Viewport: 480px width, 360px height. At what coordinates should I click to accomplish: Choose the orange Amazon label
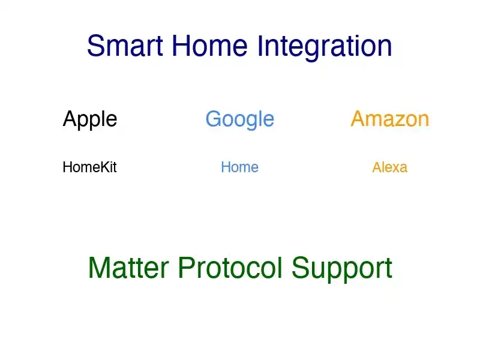(390, 119)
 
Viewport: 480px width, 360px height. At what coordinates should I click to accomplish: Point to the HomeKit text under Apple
(89, 167)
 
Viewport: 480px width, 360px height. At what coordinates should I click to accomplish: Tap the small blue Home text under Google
(239, 167)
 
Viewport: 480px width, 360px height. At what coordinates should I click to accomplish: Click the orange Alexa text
(389, 167)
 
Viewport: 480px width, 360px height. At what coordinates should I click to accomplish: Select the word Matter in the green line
(129, 268)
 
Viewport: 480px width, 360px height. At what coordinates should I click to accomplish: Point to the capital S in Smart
(96, 46)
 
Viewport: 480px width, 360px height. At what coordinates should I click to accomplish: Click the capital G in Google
(214, 119)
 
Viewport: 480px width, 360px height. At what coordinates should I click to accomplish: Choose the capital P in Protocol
(185, 268)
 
